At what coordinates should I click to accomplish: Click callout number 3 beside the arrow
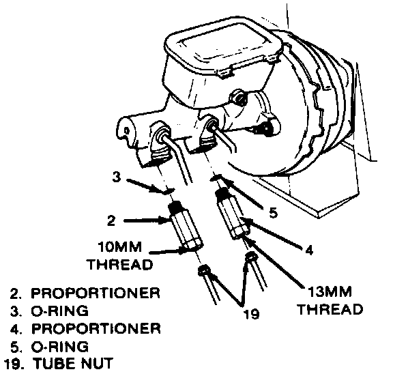click(x=116, y=177)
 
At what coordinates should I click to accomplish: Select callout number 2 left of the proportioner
click(x=111, y=220)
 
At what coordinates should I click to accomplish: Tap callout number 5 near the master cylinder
click(x=274, y=213)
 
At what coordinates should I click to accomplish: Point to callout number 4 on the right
click(x=309, y=250)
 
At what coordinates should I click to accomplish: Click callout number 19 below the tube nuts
click(x=252, y=314)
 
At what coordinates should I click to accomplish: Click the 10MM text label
click(x=120, y=246)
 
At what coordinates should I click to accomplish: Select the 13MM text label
click(x=330, y=291)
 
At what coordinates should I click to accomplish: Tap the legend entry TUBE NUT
click(x=73, y=363)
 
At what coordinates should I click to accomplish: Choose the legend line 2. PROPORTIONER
click(x=85, y=293)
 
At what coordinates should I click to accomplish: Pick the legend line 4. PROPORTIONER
click(x=85, y=329)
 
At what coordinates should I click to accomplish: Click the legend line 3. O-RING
click(x=49, y=311)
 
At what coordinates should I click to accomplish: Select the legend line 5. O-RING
click(x=49, y=347)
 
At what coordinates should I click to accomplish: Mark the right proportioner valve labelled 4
click(x=232, y=214)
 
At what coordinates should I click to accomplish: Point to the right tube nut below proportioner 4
click(x=251, y=257)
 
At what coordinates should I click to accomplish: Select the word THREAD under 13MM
click(x=331, y=309)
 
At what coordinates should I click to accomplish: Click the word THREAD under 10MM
click(x=121, y=264)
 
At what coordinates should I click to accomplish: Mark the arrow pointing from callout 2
click(x=147, y=221)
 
